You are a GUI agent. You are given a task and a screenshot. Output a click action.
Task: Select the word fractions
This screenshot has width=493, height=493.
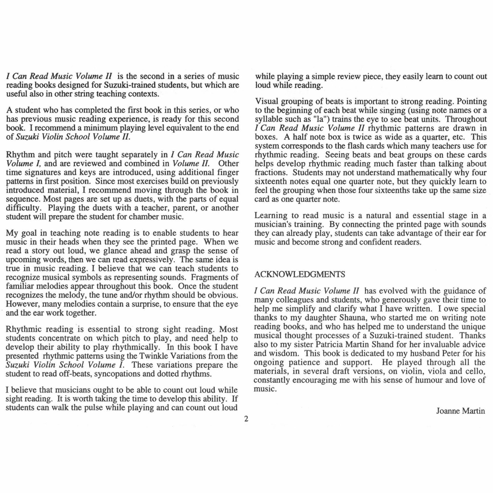click(x=271, y=172)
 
